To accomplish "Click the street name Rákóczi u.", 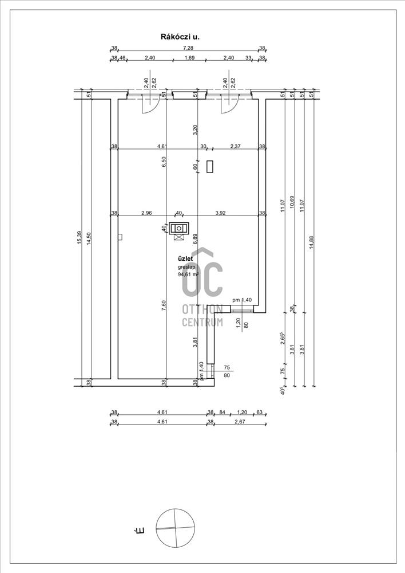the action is (181, 37).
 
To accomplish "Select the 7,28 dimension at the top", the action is (188, 48).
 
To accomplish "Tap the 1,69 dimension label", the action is (190, 58).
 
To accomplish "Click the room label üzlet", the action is (185, 259).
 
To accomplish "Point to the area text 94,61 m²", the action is (188, 274).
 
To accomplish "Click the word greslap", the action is (186, 267).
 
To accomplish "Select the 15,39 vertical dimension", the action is (80, 238).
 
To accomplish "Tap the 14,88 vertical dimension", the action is (311, 242).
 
